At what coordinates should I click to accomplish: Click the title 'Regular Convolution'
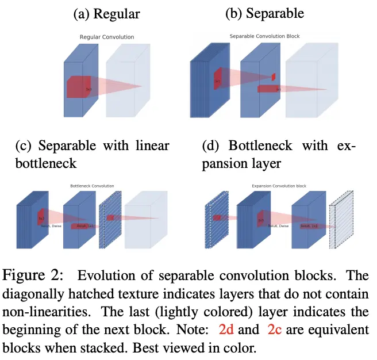pos(106,37)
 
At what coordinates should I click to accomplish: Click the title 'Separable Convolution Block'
pos(264,36)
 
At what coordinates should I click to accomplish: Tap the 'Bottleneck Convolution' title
pos(92,186)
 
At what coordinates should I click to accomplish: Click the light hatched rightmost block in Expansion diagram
pos(340,224)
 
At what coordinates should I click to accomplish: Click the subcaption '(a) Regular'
pos(106,15)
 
